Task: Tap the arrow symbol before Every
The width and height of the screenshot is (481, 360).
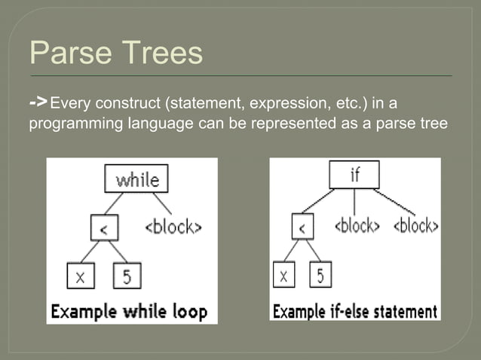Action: click(x=39, y=100)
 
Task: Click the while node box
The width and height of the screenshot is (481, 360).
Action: click(x=136, y=179)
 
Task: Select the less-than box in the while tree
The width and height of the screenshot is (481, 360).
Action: click(x=103, y=227)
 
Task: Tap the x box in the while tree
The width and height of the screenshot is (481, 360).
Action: click(x=80, y=276)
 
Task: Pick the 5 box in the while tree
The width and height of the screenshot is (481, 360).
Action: click(x=127, y=276)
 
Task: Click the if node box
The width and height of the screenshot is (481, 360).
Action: click(x=354, y=175)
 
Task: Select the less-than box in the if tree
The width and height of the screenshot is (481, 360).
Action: click(x=302, y=226)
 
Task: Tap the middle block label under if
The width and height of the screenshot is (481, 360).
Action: click(x=356, y=225)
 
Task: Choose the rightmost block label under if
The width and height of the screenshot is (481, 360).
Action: click(x=415, y=225)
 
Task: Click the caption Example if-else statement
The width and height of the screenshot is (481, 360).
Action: click(x=355, y=310)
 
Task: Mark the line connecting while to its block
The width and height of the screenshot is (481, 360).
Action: click(x=161, y=203)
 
